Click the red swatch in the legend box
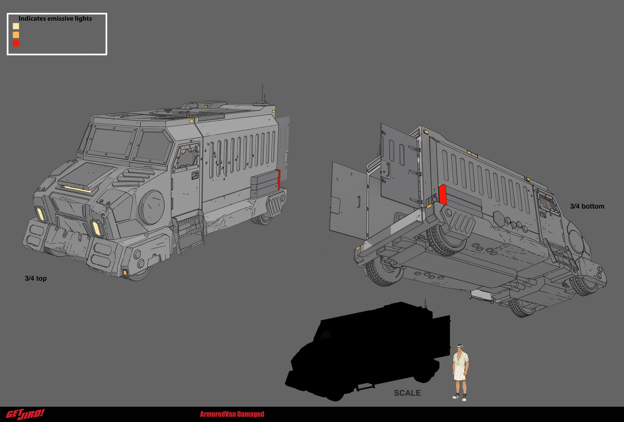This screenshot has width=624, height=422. (16, 43)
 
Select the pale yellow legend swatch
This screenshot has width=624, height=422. (16, 26)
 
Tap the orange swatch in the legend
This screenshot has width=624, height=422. (16, 35)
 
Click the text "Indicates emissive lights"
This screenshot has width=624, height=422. (55, 19)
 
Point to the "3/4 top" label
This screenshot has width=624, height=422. (36, 279)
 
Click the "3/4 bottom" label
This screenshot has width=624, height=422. (587, 206)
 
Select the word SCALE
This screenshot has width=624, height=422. (407, 393)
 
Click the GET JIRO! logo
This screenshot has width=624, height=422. (25, 414)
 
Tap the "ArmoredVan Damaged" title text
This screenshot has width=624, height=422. (232, 414)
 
